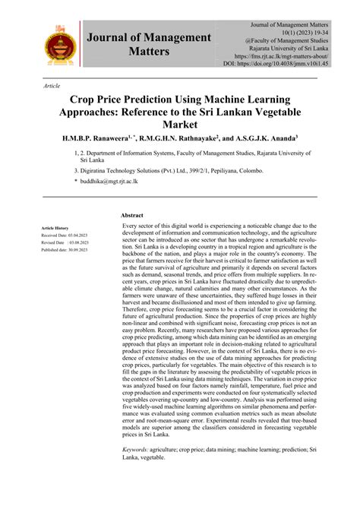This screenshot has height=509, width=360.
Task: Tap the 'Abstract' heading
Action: (132, 216)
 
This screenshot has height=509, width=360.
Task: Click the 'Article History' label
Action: (55, 228)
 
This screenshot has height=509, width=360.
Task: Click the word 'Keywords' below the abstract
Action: (139, 472)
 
